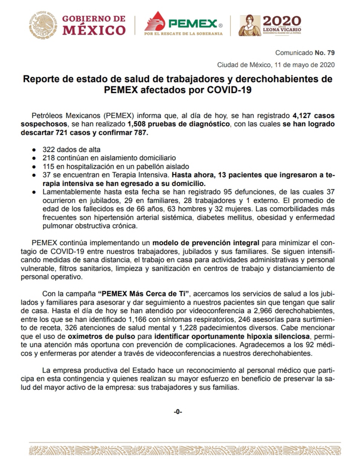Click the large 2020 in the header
pos(282,21)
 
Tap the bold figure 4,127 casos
pos(313,115)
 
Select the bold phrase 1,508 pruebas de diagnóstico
pos(178,124)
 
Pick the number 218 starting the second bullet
pos(48,158)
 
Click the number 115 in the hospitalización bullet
pos(48,166)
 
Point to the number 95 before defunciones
pos(228,192)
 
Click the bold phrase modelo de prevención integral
pos(206,243)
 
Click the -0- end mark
pos(178,412)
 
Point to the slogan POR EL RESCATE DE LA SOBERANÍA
pos(183,34)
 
